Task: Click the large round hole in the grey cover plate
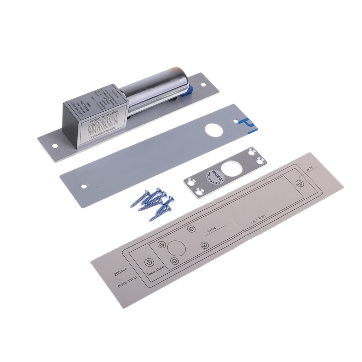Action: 214,130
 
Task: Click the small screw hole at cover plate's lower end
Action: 84,186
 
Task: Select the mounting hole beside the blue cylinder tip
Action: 203,85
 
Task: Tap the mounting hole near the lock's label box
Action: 55,145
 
